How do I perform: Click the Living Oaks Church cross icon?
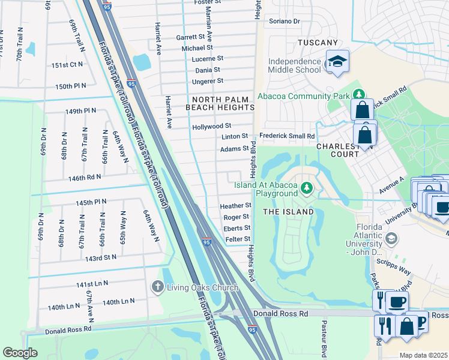(x=158, y=287)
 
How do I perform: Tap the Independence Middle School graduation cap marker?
(x=337, y=62)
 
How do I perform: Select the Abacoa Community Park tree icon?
(x=358, y=95)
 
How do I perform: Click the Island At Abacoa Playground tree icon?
(x=307, y=188)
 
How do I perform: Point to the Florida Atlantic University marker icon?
(x=391, y=239)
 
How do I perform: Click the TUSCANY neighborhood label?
(x=318, y=43)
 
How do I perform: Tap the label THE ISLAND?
(x=288, y=212)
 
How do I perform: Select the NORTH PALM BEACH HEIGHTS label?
(x=220, y=103)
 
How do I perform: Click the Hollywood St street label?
(x=211, y=127)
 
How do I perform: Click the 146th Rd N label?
(x=84, y=178)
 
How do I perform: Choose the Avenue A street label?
(x=392, y=185)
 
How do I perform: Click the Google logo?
(x=20, y=353)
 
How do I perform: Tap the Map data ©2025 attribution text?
(x=424, y=355)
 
